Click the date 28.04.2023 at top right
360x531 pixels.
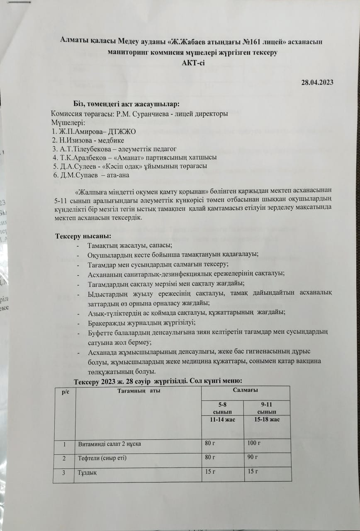point(317,82)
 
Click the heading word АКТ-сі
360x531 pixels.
point(190,62)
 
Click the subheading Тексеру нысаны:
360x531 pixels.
point(83,236)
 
